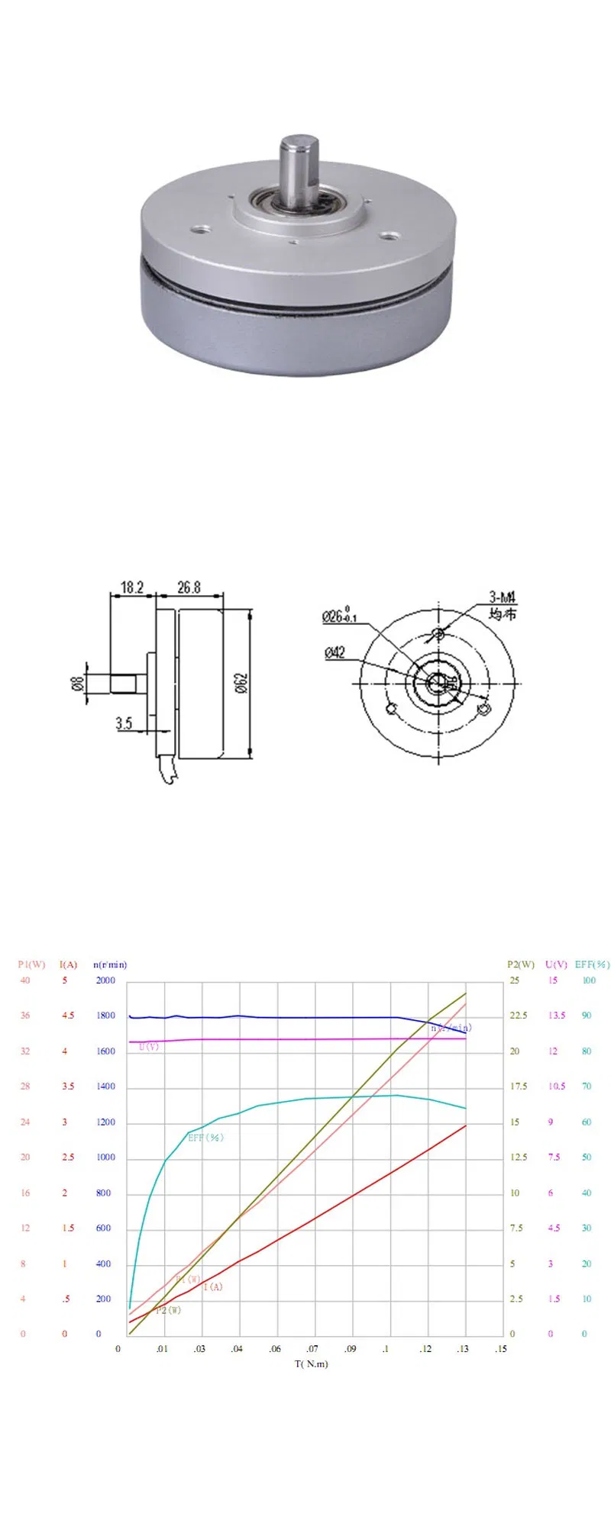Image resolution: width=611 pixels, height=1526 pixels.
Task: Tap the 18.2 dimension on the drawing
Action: point(132,587)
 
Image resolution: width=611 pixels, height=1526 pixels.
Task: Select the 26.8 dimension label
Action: point(189,587)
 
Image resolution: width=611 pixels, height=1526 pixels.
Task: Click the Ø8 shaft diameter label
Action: point(78,683)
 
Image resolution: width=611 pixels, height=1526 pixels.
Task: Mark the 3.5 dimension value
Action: point(124,723)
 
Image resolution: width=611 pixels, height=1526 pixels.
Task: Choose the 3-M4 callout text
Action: point(503,597)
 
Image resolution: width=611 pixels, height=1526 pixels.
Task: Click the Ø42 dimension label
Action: point(335,652)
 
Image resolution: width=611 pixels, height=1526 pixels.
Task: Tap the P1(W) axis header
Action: point(31,964)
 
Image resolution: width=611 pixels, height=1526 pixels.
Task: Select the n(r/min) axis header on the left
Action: point(110,964)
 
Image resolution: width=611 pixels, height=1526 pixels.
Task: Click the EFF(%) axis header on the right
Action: point(592,964)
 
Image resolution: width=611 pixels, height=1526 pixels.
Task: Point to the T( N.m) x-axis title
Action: point(312,1363)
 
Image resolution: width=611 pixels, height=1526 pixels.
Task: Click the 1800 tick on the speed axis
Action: point(105,1016)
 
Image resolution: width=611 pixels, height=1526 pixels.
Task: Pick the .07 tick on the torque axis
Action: point(312,1349)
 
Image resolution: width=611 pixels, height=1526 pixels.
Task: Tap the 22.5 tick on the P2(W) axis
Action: point(519,1016)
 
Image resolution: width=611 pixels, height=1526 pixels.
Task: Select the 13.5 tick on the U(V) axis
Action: point(557,1016)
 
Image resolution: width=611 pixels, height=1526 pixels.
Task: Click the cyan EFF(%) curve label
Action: point(205,1138)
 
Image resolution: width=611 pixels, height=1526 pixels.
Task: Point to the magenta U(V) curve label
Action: point(149,1047)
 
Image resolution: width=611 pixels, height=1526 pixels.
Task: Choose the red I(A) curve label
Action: point(213,1286)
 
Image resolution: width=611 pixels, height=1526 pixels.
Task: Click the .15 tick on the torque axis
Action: point(501,1349)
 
